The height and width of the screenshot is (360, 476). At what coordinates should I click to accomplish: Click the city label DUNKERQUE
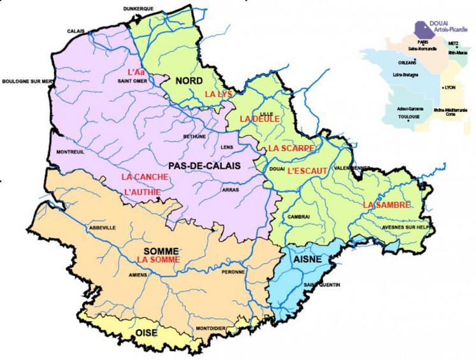139,8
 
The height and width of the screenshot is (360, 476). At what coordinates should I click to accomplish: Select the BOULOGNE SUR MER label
27,82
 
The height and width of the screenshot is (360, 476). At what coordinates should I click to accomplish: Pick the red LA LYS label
216,94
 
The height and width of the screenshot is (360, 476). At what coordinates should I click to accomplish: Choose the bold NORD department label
189,81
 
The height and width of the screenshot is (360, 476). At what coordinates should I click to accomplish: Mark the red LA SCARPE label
291,148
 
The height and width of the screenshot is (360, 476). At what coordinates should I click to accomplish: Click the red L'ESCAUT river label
307,171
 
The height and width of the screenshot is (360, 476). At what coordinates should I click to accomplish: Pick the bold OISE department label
147,333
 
